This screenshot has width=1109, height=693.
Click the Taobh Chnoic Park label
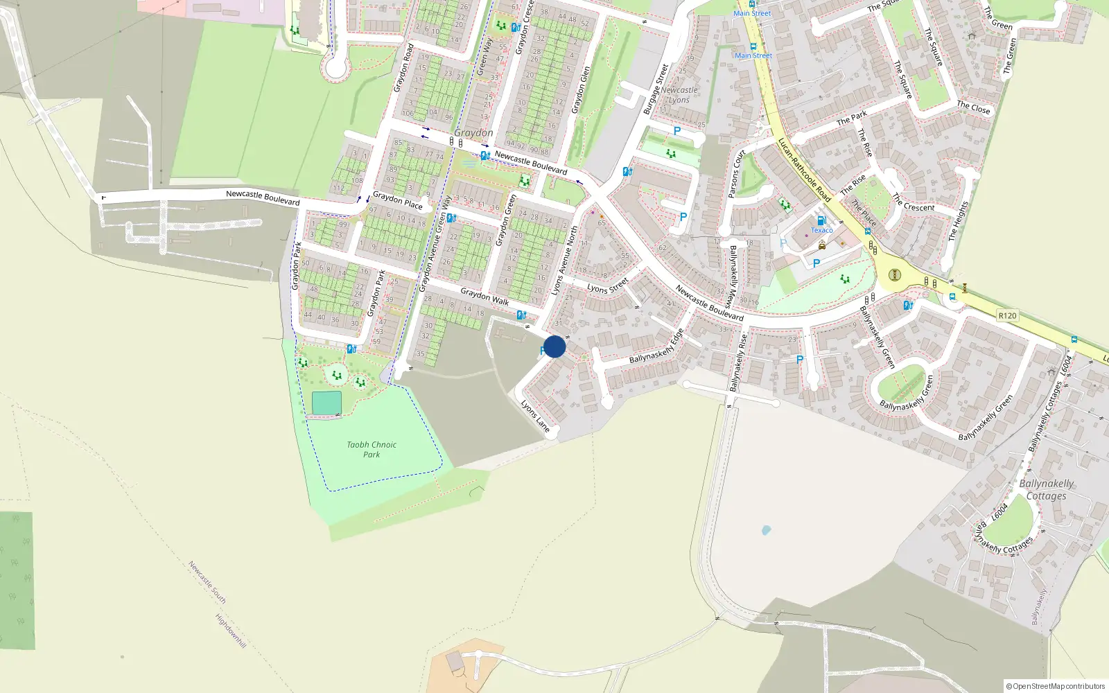pos(372,450)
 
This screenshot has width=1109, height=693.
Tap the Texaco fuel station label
pos(822,230)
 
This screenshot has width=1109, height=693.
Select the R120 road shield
pos(1007,315)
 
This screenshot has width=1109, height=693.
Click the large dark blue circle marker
pos(554,346)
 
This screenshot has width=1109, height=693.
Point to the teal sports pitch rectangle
pos(326,403)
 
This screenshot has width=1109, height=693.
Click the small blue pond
pos(766,530)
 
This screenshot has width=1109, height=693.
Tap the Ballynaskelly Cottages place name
pos(1047,489)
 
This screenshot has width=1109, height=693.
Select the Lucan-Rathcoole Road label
pos(804,170)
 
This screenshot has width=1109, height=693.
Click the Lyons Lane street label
pos(535,416)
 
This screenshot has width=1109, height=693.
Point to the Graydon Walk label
pos(484,297)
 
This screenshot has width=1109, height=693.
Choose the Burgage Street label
pos(656,89)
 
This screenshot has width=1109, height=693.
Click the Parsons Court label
pos(737,173)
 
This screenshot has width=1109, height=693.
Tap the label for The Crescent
pos(914,203)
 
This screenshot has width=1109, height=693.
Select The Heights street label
pos(957,221)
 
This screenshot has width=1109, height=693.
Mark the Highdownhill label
pos(230,630)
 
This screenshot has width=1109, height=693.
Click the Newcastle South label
pos(207,582)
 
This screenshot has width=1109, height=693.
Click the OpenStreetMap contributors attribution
pos(1055,686)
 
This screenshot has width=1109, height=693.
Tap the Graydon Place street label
pos(398,200)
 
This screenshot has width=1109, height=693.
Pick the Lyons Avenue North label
pos(564,260)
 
